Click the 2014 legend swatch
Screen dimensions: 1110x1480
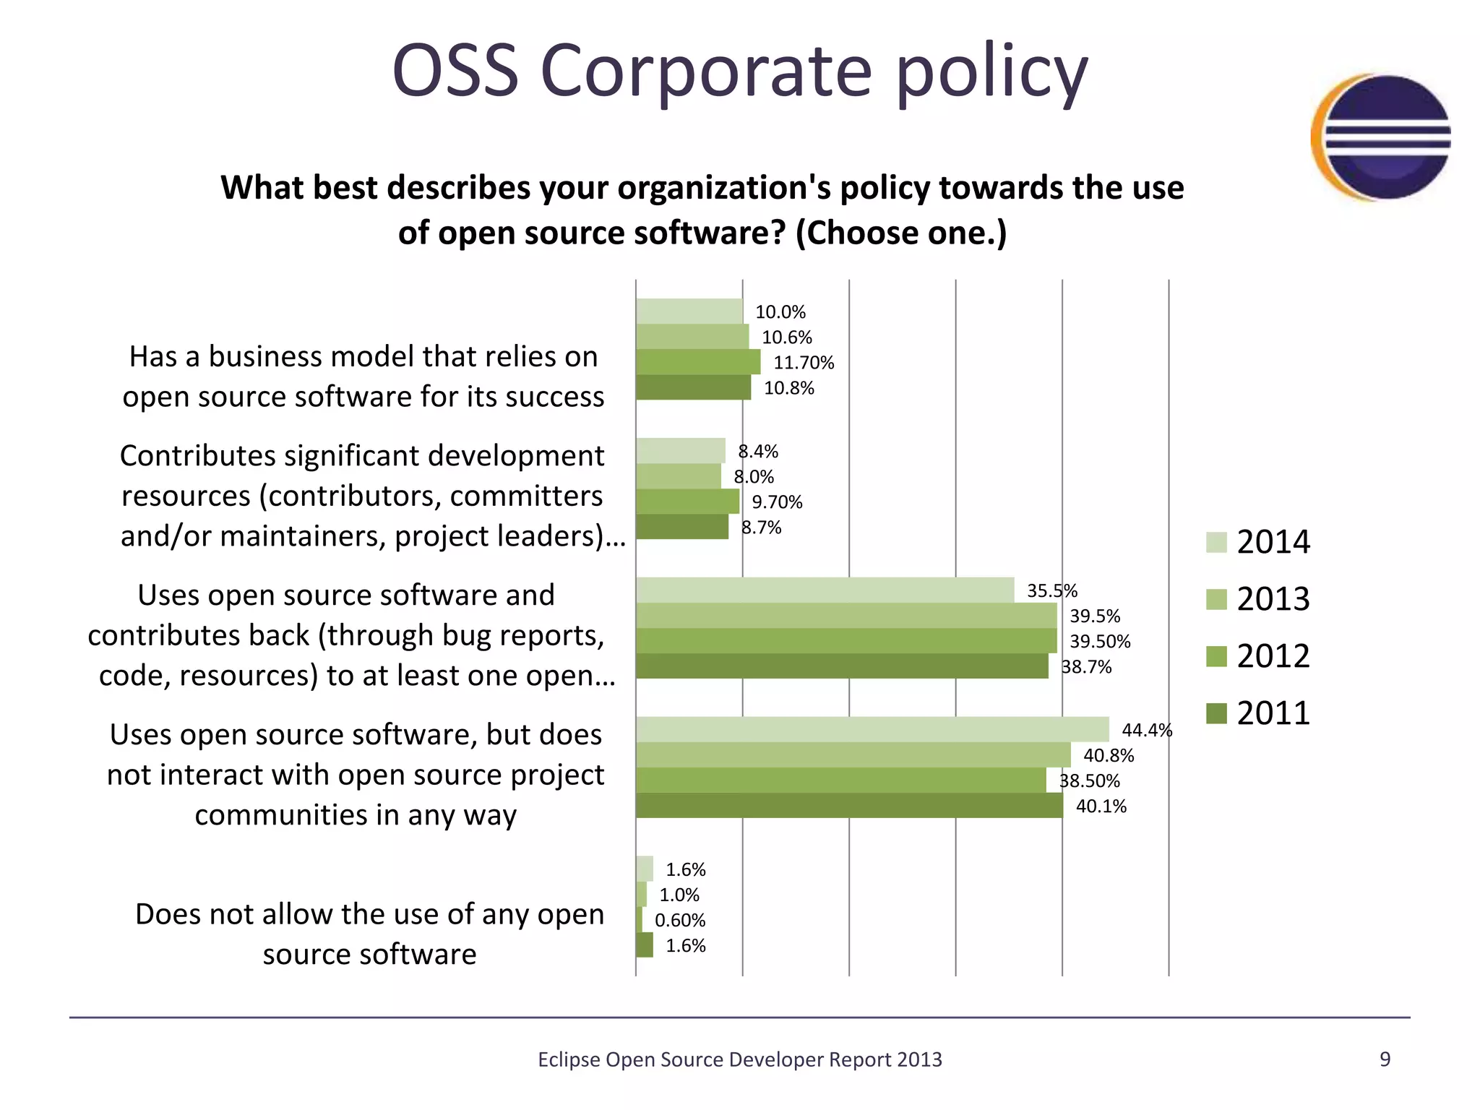point(1216,542)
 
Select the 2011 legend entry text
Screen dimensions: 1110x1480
point(1273,713)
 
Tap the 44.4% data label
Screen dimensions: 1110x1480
point(1146,730)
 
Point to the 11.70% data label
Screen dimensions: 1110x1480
point(804,363)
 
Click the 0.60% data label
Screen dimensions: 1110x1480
point(680,920)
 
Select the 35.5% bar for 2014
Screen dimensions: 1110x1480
point(825,590)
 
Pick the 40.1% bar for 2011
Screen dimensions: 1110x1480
point(849,806)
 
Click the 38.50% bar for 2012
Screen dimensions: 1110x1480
point(840,780)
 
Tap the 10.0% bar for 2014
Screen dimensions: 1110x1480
point(689,311)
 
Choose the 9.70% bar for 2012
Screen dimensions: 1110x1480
point(687,502)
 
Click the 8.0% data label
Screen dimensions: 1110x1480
point(754,477)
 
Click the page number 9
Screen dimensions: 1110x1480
point(1385,1059)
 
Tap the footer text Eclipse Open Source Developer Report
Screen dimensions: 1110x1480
point(739,1059)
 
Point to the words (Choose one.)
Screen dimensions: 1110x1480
point(900,233)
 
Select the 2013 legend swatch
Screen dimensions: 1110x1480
point(1216,599)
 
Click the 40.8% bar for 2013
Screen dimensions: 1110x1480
point(853,755)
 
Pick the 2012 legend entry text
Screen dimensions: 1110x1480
point(1273,656)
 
